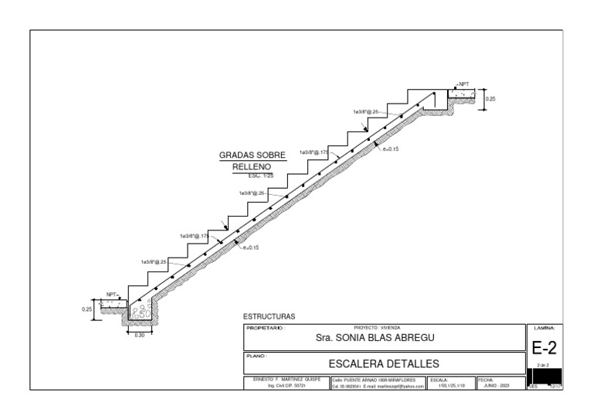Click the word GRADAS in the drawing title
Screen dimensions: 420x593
(236, 155)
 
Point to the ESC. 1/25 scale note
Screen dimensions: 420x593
(252, 176)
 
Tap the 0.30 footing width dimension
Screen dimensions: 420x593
(140, 335)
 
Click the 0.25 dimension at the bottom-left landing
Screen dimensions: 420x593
(86, 309)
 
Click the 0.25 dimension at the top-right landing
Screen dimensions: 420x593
(490, 99)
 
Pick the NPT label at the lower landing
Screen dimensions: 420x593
(111, 294)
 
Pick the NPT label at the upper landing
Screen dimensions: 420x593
(463, 84)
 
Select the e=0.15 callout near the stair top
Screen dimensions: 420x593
(391, 149)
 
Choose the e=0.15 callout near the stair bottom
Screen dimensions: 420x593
(250, 248)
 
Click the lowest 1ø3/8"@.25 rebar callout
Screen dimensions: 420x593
(154, 262)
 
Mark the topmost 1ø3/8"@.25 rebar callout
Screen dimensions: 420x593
(366, 111)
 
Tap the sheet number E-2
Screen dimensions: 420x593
(544, 349)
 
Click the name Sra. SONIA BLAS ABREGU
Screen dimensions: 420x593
(376, 338)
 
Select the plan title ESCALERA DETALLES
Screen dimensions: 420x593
(384, 363)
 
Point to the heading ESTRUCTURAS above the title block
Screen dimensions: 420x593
(269, 316)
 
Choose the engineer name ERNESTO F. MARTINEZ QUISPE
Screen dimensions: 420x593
(286, 380)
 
